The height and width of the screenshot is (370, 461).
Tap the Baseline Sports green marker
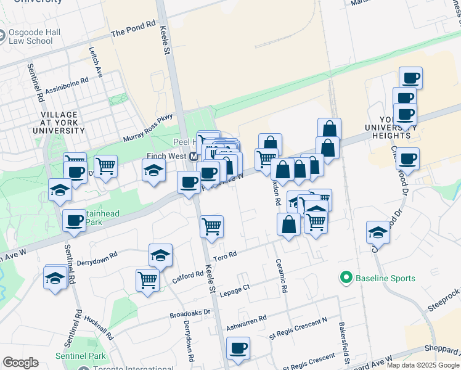click(x=345, y=278)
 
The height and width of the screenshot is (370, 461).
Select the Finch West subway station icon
click(x=194, y=157)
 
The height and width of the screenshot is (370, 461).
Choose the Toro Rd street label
click(x=224, y=255)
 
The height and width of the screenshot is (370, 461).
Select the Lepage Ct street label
click(x=234, y=287)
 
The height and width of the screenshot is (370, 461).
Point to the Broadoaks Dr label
click(x=190, y=314)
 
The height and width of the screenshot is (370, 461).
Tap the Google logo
click(x=21, y=362)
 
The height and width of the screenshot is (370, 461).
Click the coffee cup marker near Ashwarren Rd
click(x=237, y=348)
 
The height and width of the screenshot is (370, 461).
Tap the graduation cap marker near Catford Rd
click(x=160, y=255)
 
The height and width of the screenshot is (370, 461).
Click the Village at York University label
click(x=59, y=123)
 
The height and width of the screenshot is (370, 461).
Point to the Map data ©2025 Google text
click(x=422, y=365)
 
